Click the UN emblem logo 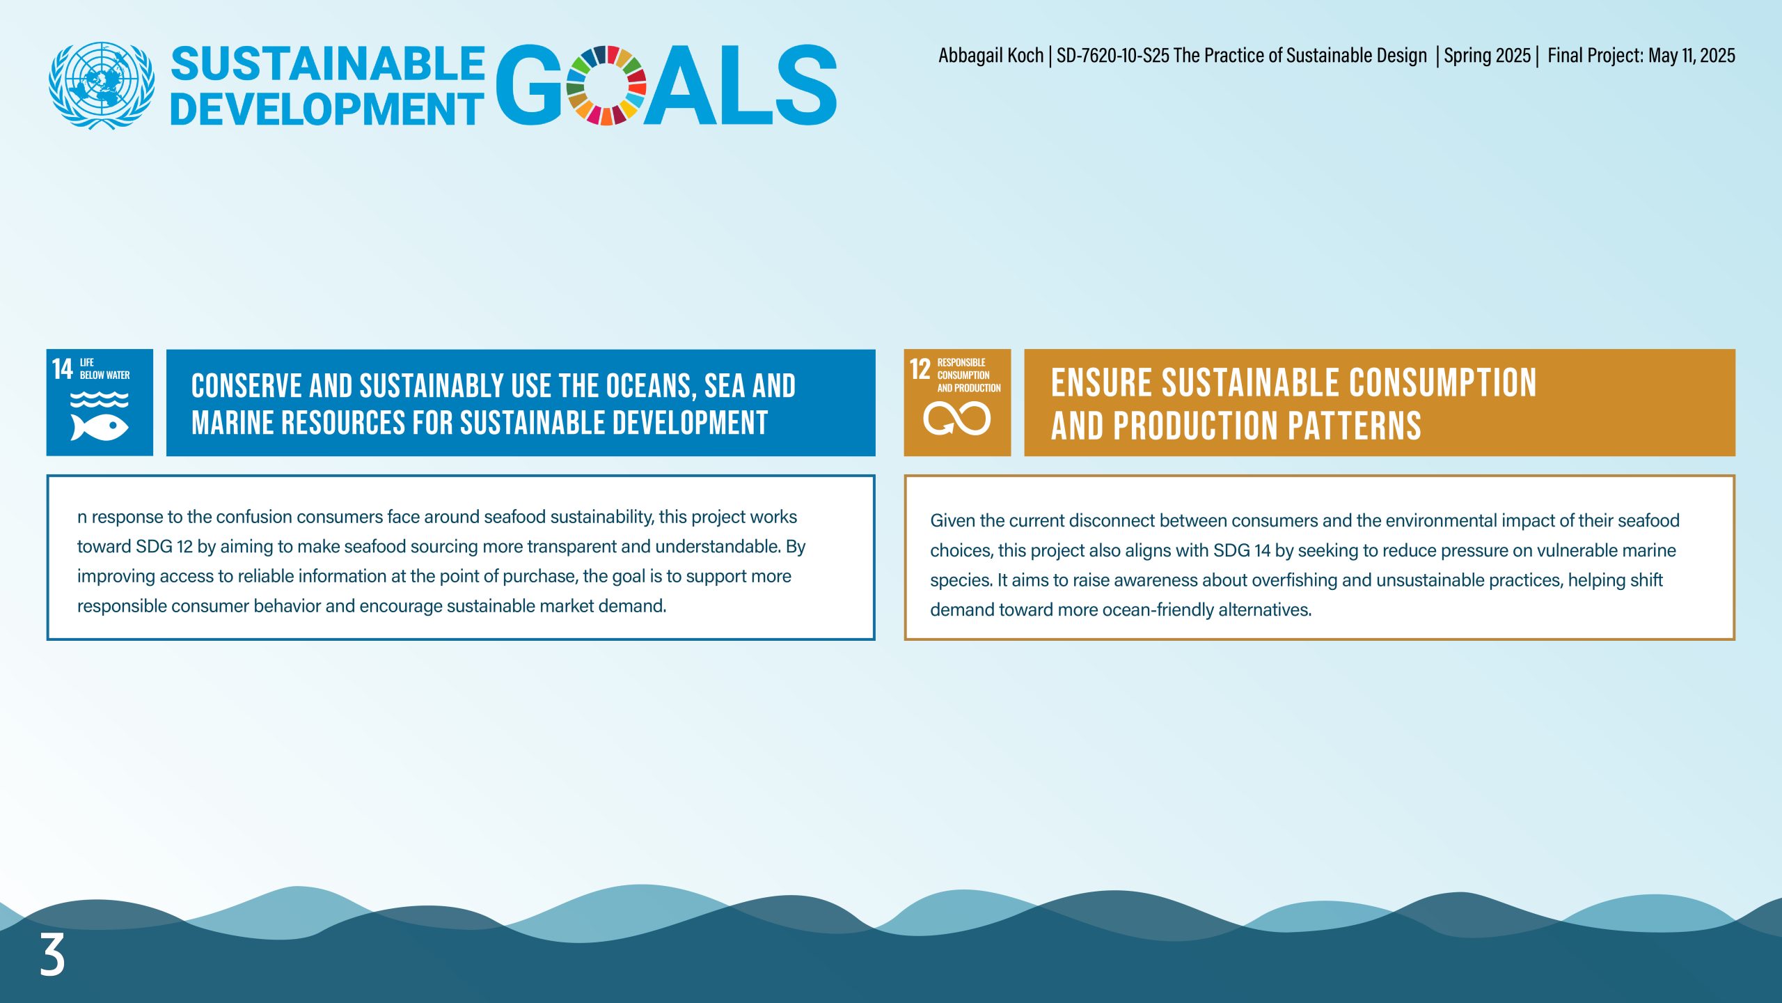pyautogui.click(x=102, y=85)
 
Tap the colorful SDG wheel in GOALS pyautogui.click(x=606, y=85)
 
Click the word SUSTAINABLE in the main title pyautogui.click(x=328, y=64)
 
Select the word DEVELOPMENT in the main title pyautogui.click(x=326, y=109)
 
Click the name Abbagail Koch pyautogui.click(x=991, y=56)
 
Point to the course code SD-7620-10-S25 pyautogui.click(x=1113, y=56)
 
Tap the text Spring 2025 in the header pyautogui.click(x=1487, y=56)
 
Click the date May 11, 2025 pyautogui.click(x=1692, y=56)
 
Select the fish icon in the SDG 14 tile pyautogui.click(x=100, y=427)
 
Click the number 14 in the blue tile pyautogui.click(x=62, y=368)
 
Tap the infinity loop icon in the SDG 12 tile pyautogui.click(x=956, y=419)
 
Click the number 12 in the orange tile pyautogui.click(x=920, y=369)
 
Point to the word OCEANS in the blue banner pyautogui.click(x=652, y=386)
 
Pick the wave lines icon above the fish pyautogui.click(x=100, y=399)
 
